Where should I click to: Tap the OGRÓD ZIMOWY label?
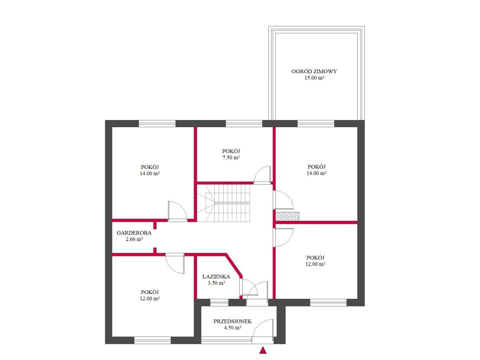314,71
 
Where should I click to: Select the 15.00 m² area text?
314,78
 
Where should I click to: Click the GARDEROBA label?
134,233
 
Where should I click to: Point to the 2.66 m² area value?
134,239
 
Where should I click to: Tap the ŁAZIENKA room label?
216,276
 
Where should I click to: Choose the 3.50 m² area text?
216,283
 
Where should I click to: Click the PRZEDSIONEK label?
232,321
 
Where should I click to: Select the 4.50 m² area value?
232,328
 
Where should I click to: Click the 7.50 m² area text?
231,157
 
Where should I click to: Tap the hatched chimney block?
287,216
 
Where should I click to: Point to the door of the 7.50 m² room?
262,175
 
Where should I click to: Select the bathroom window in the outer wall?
219,302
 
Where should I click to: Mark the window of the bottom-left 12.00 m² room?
152,340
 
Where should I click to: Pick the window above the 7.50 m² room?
244,124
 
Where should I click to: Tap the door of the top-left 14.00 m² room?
177,211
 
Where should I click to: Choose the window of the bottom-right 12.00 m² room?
328,302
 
